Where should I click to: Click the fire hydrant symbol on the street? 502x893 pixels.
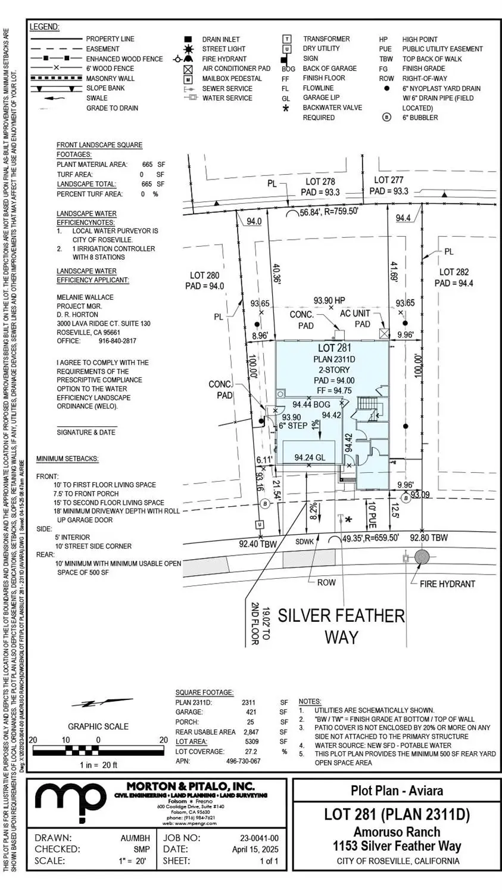tap(422, 557)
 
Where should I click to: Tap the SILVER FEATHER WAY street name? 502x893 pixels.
tap(341, 625)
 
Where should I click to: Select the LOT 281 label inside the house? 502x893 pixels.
tap(335, 348)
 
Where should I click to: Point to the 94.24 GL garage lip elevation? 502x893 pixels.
tap(310, 458)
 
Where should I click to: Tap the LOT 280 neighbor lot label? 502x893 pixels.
tap(204, 281)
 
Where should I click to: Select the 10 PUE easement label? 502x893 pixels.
tap(371, 513)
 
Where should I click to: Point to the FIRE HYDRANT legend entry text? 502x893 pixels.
tap(224, 59)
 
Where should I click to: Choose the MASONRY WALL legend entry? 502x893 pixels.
tap(110, 79)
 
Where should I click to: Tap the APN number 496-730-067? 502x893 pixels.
tap(243, 761)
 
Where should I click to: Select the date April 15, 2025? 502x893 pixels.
tap(255, 849)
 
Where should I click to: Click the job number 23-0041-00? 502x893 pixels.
tap(255, 838)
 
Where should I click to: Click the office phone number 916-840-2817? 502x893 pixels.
tap(117, 341)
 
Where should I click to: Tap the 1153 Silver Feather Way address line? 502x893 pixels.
tap(397, 845)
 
